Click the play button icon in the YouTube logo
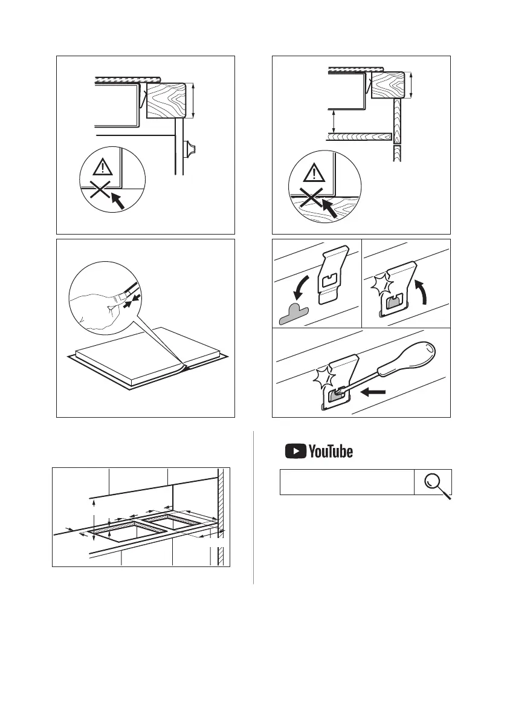[x=295, y=451]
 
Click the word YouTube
[x=330, y=452]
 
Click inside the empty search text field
[x=346, y=482]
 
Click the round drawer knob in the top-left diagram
[x=193, y=148]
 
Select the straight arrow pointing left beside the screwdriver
[x=375, y=392]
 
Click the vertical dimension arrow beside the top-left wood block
[x=193, y=102]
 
